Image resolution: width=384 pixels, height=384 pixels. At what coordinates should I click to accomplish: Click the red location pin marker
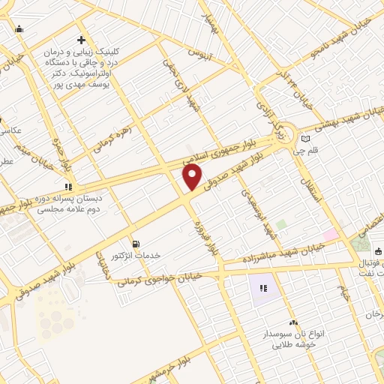click(x=192, y=177)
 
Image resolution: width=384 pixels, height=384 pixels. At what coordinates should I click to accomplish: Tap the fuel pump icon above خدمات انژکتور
click(x=135, y=243)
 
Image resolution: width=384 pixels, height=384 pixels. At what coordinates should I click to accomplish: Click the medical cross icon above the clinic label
click(x=82, y=40)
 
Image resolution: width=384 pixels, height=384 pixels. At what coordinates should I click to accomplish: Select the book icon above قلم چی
click(x=304, y=139)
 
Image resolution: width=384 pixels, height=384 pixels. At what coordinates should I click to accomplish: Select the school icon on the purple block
click(x=263, y=287)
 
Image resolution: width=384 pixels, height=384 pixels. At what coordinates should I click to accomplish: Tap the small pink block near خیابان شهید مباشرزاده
click(x=330, y=234)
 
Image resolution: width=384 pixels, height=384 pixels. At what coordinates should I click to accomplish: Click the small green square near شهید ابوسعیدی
click(x=280, y=224)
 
